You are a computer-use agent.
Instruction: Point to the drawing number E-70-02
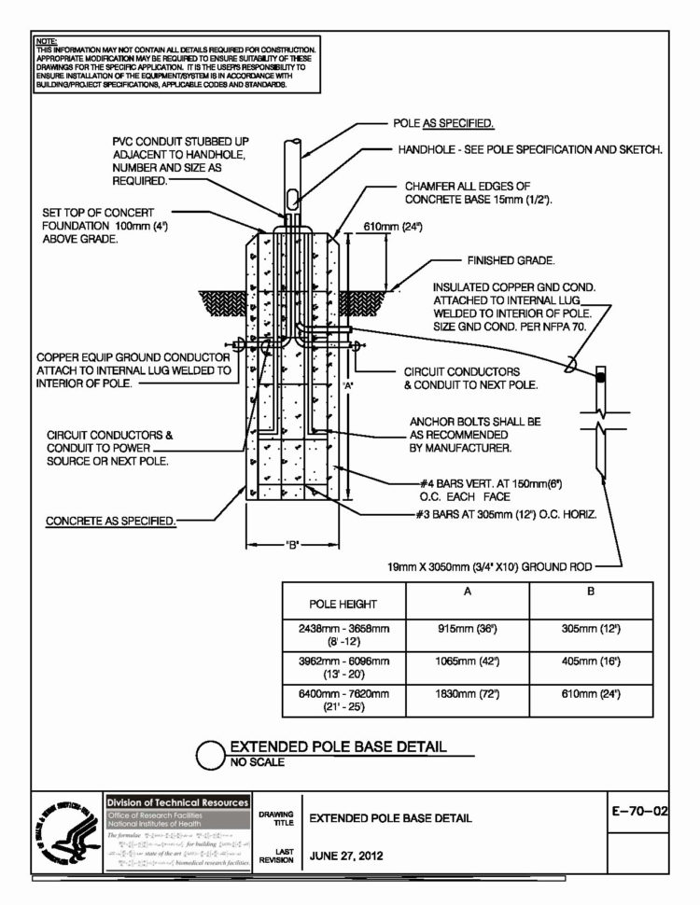[x=639, y=813]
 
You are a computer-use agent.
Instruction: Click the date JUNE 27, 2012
[x=346, y=855]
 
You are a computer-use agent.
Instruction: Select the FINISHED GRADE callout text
[x=511, y=260]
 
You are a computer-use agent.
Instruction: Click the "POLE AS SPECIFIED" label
[x=443, y=123]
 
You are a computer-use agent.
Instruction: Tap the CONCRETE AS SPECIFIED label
[x=111, y=521]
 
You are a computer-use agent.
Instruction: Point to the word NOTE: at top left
[x=45, y=42]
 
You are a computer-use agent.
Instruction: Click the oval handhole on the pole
[x=293, y=198]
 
